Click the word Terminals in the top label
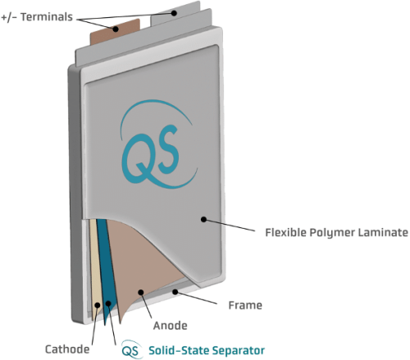pos(47,17)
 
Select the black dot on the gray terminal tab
pos(174,13)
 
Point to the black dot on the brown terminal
pos(116,29)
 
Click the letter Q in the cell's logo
pos(139,158)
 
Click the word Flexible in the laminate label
pos(286,233)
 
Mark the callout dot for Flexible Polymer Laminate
pos(203,219)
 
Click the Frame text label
pos(245,305)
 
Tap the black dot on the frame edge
pos(175,292)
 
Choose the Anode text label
pos(171,326)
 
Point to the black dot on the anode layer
pos(141,293)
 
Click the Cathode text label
pos(67,349)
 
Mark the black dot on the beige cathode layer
pos(98,305)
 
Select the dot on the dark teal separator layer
pos(108,303)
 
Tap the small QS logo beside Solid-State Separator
pos(132,349)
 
